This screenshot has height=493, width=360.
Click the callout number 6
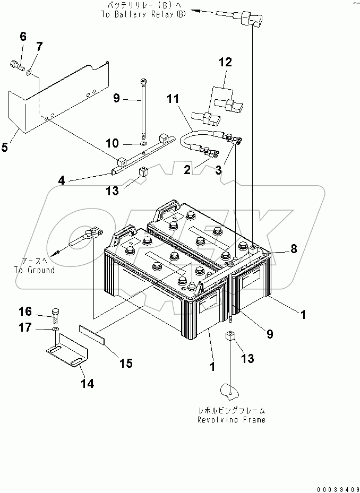23,37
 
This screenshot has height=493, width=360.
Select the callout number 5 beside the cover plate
5,147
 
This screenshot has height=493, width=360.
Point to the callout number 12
226,63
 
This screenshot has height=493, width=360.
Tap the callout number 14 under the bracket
87,384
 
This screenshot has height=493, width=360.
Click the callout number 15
125,364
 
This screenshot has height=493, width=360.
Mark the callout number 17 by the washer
26,328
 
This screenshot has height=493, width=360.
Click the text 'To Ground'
34,270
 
